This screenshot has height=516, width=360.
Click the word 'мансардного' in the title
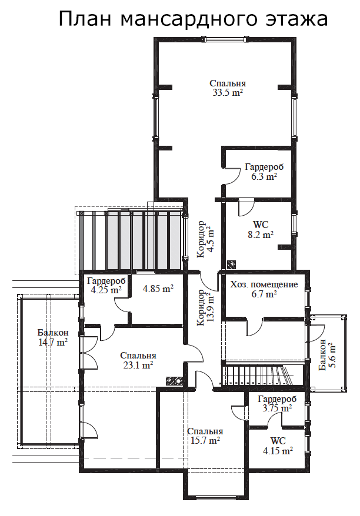(x=188, y=19)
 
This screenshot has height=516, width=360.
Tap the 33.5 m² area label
(x=228, y=92)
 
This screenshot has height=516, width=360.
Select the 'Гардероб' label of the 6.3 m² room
(x=264, y=167)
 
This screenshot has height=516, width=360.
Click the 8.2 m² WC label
(x=261, y=230)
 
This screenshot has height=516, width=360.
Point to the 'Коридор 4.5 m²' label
(x=205, y=239)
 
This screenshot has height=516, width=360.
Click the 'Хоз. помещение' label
(x=264, y=284)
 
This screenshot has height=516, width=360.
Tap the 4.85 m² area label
(x=158, y=289)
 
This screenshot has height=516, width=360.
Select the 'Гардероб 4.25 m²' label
(x=106, y=286)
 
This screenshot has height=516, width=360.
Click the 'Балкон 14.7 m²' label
(x=53, y=337)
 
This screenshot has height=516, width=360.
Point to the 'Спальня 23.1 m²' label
(x=138, y=360)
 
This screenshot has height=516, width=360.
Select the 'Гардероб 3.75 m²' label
(x=277, y=403)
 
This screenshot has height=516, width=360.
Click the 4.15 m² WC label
(x=278, y=445)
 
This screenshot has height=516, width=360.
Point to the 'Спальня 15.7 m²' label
(x=205, y=435)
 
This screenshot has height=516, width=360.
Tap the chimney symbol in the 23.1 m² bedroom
(x=175, y=380)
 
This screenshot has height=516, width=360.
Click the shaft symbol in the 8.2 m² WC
(x=232, y=264)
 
